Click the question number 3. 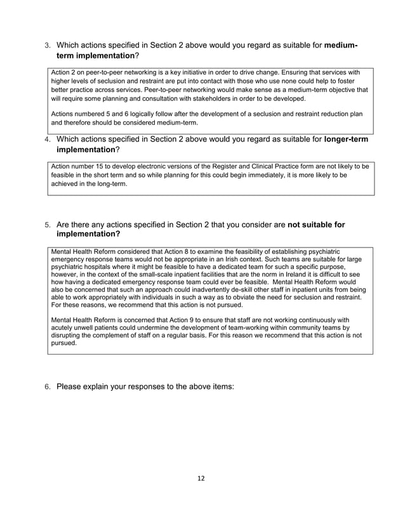(46, 46)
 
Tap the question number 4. (46, 139)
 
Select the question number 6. (46, 385)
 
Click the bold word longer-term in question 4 (347, 138)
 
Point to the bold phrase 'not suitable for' (316, 224)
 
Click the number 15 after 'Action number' (102, 167)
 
